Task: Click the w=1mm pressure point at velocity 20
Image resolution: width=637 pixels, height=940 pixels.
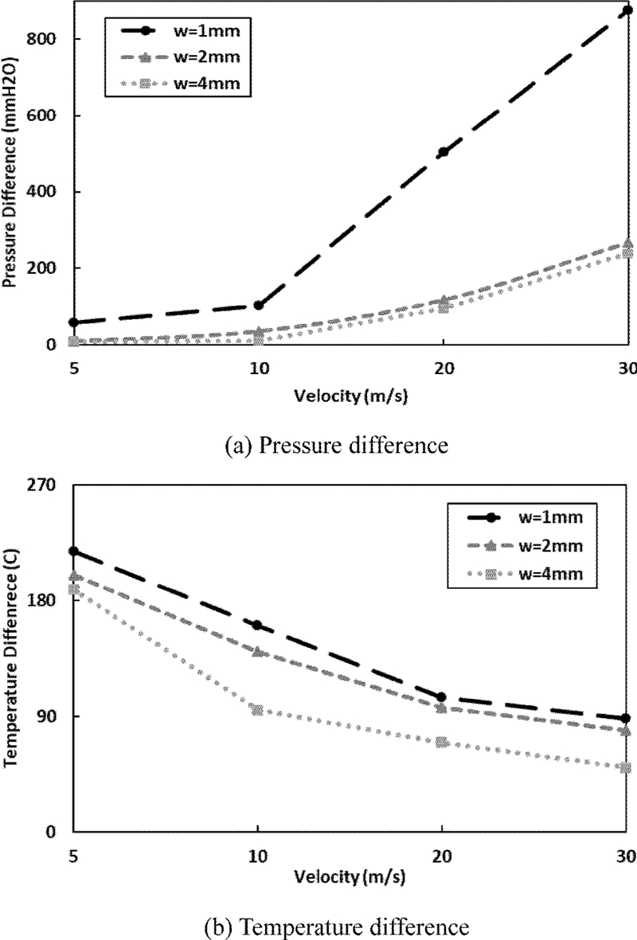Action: pyautogui.click(x=444, y=151)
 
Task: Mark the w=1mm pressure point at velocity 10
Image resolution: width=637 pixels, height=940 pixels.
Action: pyautogui.click(x=258, y=305)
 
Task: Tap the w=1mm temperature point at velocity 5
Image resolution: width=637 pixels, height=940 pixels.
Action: pyautogui.click(x=73, y=551)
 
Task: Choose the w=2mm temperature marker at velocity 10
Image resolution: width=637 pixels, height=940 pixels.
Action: pyautogui.click(x=258, y=650)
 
